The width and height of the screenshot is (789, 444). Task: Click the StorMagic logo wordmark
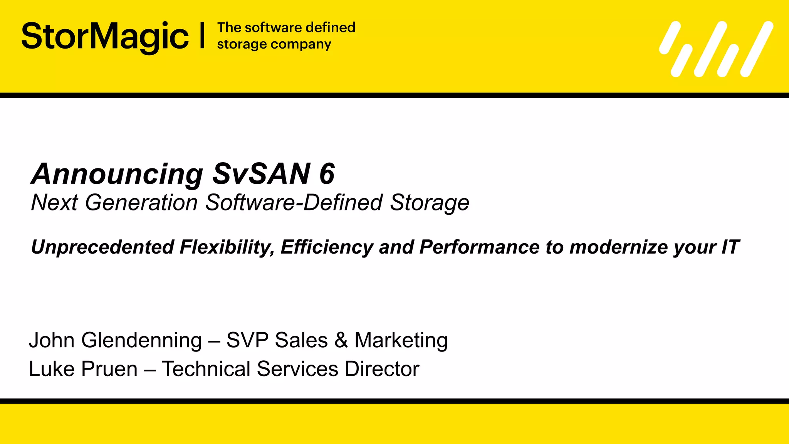coord(105,37)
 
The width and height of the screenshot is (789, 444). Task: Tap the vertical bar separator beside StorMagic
coord(202,36)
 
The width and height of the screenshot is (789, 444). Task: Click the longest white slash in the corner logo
coord(757,49)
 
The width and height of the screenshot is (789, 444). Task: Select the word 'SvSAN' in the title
coord(261,173)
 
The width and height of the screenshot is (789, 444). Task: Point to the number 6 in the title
coord(327,173)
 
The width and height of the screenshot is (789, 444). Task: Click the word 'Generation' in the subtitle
coord(141,203)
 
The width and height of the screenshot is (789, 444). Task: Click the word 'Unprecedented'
coord(102,247)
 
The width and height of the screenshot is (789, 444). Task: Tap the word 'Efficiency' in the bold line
coord(327,247)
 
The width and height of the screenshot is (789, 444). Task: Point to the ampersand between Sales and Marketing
coord(341,340)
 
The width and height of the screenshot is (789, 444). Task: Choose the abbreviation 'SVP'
coord(247,340)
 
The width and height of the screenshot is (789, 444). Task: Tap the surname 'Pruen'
coord(110,369)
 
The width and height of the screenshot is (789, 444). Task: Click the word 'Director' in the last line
coord(382,369)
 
